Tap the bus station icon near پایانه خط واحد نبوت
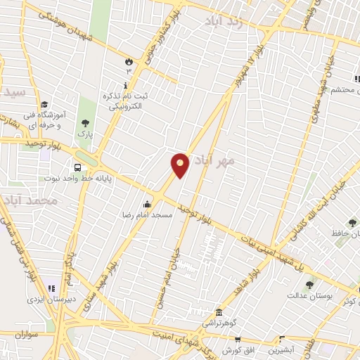pos(77,168)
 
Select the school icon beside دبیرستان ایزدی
pos(51,287)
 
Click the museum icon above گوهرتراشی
pos(219,312)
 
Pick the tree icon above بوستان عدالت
pos(309,285)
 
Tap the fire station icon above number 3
pos(129,61)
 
